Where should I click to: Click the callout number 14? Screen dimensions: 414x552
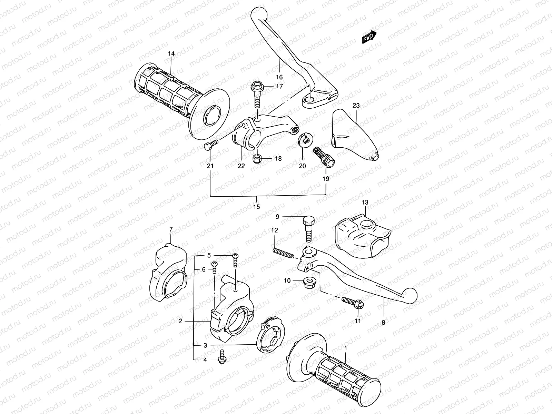171,53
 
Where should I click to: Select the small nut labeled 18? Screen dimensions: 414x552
257,159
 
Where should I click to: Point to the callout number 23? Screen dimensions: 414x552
356,106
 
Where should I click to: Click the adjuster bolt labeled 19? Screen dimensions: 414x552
323,157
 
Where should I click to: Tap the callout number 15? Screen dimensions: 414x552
256,207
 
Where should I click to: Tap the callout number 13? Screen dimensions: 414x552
365,202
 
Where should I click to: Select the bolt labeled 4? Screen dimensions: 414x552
221,360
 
